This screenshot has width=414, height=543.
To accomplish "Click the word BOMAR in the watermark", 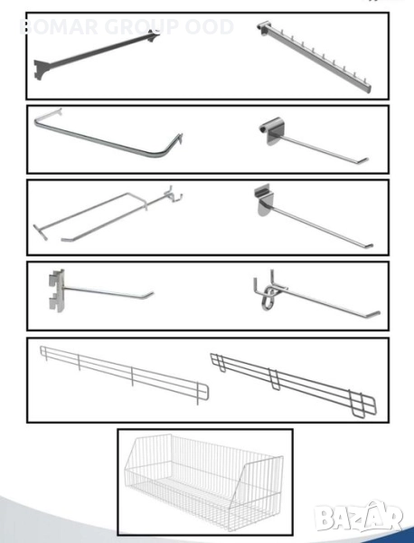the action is (59, 27).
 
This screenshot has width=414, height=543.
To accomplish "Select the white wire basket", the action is (204, 481).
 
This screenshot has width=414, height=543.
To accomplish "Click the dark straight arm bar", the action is (97, 53).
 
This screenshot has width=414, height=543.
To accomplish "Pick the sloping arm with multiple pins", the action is (314, 56).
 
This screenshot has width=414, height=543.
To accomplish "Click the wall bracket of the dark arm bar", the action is (41, 69).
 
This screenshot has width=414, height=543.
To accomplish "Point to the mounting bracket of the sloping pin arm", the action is (264, 28).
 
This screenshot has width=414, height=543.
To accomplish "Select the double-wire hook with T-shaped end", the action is (108, 214).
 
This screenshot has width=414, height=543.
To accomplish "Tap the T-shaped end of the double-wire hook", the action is (40, 232).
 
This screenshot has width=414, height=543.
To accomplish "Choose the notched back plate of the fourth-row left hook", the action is (57, 291).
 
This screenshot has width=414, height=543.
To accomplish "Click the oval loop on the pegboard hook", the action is (269, 297).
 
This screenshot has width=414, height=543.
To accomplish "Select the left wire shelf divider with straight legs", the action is (125, 374).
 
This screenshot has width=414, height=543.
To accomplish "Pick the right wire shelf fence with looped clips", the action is (293, 384).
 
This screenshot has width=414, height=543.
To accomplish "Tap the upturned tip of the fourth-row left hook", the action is (149, 295).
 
